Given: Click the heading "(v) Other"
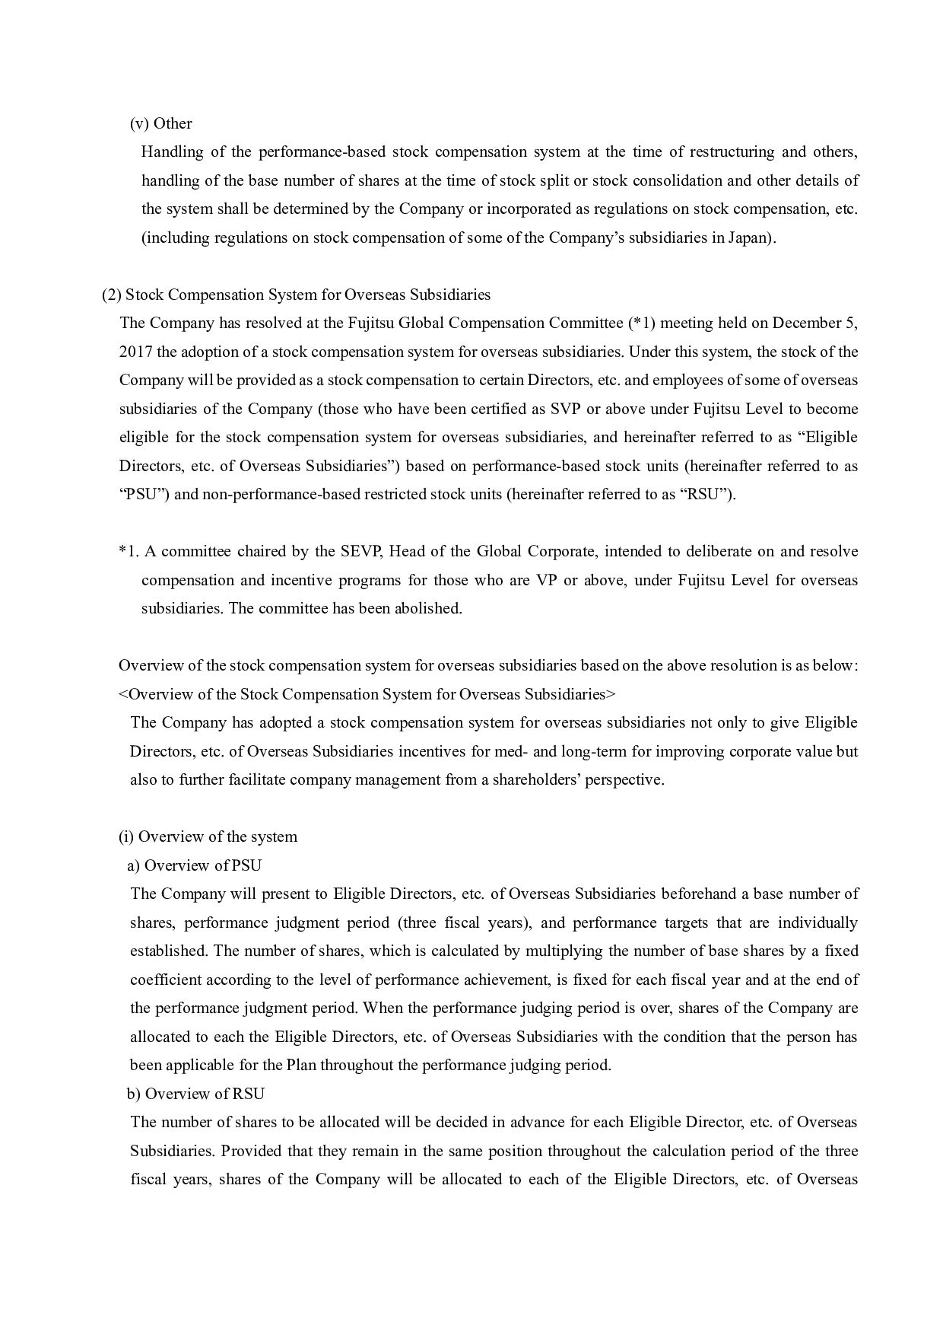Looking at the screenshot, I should click(160, 123).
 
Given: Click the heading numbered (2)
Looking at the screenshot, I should click(296, 295).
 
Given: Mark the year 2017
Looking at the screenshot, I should click(136, 352).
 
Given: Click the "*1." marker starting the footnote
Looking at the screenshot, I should click(129, 551).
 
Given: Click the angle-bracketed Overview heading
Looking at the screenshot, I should click(367, 694).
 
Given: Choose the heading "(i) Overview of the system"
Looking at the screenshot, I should click(208, 836).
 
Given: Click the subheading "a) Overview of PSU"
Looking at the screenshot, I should click(195, 865).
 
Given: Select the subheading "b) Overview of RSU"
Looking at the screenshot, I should click(196, 1094).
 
